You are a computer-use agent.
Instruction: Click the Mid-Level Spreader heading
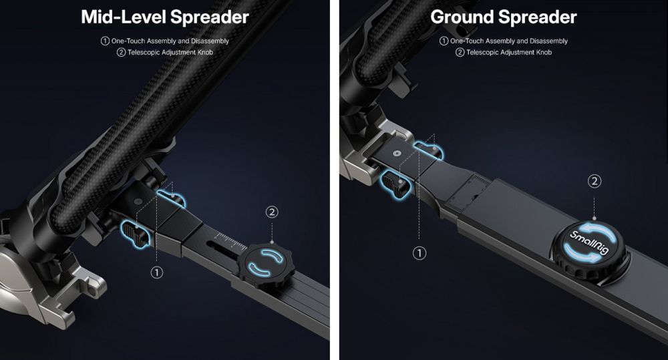[x=165, y=17]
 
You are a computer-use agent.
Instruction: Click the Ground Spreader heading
[x=503, y=17]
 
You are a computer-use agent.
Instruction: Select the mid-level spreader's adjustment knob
[x=266, y=265]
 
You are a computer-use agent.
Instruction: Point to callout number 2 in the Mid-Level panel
[x=272, y=212]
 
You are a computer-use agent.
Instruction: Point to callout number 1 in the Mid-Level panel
[x=157, y=273]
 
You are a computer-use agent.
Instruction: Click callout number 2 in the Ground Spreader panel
[x=595, y=181]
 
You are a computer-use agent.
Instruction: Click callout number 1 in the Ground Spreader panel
[x=420, y=253]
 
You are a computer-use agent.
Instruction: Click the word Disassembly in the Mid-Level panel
[x=210, y=41]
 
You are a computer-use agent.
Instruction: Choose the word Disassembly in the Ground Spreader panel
[x=548, y=41]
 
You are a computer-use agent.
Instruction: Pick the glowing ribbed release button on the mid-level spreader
[x=136, y=234]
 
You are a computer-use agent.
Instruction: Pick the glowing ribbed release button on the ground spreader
[x=395, y=183]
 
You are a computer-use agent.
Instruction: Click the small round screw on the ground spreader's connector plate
[x=397, y=152]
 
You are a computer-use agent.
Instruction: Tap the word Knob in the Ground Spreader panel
[x=544, y=52]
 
